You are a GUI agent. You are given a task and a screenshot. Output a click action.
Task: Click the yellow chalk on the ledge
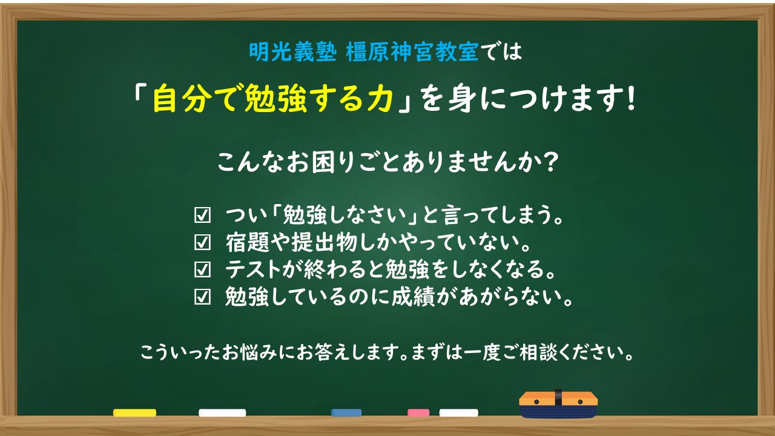pyautogui.click(x=134, y=412)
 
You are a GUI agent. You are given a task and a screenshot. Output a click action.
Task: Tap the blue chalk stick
pyautogui.click(x=346, y=412)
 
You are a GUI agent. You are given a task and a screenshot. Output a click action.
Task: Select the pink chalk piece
pyautogui.click(x=418, y=412)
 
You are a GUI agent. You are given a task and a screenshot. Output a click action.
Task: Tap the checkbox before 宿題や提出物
pyautogui.click(x=202, y=242)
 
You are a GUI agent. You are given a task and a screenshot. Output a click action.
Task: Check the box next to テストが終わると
pyautogui.click(x=202, y=269)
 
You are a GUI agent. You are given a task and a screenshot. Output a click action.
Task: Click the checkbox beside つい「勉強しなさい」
pyautogui.click(x=202, y=215)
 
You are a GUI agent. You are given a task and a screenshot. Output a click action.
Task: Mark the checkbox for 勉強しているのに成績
pyautogui.click(x=202, y=297)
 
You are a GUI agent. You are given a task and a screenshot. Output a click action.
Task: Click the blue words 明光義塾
pyautogui.click(x=292, y=52)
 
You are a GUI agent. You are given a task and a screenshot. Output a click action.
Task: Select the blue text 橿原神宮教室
pyautogui.click(x=412, y=52)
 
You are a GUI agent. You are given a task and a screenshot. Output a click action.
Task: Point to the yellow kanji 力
pyautogui.click(x=380, y=99)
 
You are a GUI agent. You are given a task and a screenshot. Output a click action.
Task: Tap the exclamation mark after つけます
pyautogui.click(x=631, y=98)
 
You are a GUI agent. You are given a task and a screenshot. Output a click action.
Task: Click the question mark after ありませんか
pyautogui.click(x=550, y=161)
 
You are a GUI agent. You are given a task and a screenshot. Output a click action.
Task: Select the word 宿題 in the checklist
pyautogui.click(x=248, y=242)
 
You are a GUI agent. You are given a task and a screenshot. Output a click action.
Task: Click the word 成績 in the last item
pyautogui.click(x=414, y=297)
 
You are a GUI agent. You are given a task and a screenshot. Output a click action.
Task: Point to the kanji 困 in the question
pyautogui.click(x=323, y=162)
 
